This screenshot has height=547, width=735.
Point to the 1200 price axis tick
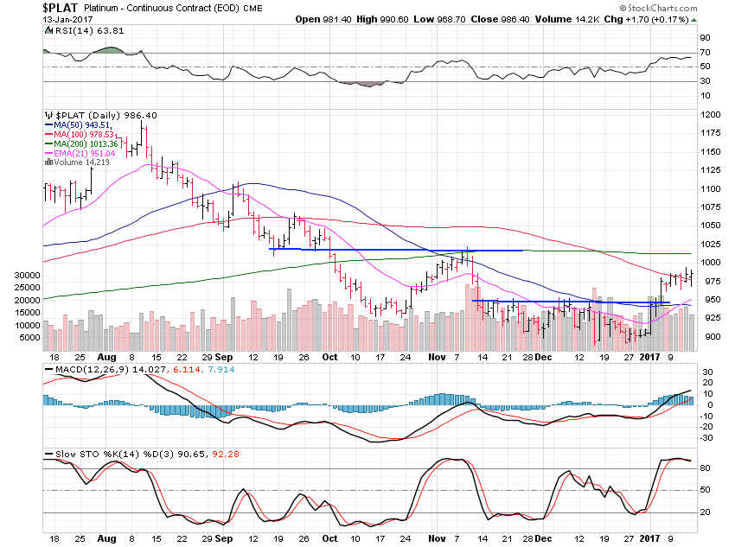coord(711,114)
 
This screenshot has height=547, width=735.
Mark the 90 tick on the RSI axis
coord(705,38)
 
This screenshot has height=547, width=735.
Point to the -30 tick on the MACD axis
coord(706,437)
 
